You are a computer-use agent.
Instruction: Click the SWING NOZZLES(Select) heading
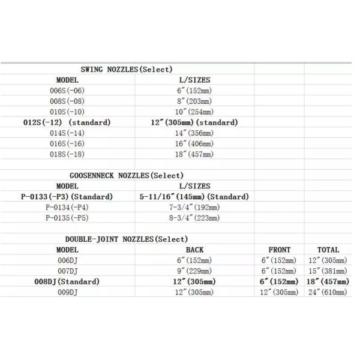127,70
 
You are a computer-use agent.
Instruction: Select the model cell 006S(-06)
67,91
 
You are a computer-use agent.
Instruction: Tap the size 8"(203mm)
194,101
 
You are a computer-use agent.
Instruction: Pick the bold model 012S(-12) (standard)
67,122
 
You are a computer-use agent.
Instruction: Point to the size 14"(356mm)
194,133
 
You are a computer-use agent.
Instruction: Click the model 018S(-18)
67,154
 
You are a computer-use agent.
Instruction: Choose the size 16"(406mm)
194,143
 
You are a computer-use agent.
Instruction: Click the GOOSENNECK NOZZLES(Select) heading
127,175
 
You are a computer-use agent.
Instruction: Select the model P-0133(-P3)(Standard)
67,197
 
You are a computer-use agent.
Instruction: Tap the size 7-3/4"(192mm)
194,208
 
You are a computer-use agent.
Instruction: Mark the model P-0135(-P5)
67,218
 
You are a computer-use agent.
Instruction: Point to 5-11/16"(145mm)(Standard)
194,197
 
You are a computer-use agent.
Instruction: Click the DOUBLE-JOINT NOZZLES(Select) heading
127,239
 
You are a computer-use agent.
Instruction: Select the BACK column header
194,250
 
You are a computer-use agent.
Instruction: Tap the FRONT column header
280,250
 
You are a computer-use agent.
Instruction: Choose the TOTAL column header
328,250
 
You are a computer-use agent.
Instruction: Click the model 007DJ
67,271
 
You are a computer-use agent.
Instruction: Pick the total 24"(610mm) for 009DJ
328,292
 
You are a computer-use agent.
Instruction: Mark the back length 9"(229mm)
194,271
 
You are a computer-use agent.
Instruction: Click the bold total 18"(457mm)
328,281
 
